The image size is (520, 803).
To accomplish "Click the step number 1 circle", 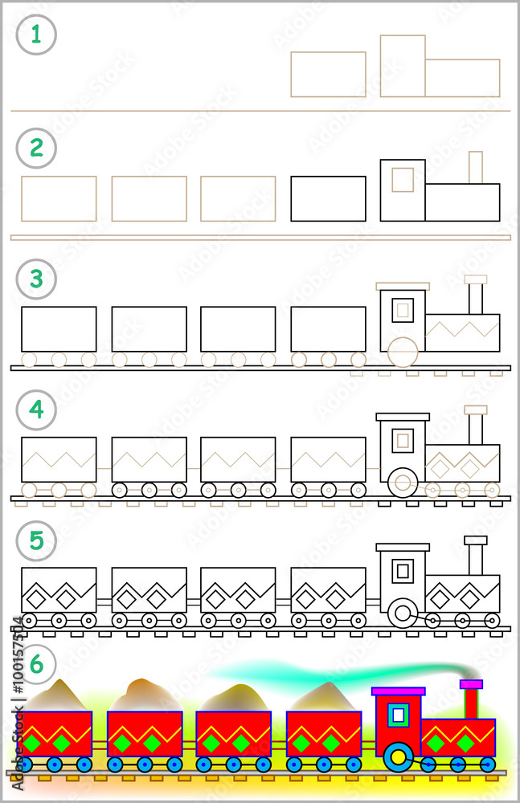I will [36, 35].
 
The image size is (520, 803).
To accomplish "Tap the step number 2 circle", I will [36, 149].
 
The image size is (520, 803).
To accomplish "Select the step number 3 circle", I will [36, 280].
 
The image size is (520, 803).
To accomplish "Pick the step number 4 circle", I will [36, 410].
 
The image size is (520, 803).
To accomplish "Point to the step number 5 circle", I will [36, 541].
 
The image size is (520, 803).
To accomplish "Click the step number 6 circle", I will [36, 664].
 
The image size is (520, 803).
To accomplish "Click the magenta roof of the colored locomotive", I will [398, 691].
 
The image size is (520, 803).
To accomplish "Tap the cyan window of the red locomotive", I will [398, 714].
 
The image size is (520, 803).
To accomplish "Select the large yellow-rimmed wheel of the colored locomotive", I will [398, 756].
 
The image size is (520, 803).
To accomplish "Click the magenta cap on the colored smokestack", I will [471, 684].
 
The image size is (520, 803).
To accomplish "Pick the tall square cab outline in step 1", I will [403, 66].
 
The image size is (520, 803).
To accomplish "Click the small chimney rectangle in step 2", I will [476, 167].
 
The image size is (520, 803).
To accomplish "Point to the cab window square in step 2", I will [403, 180].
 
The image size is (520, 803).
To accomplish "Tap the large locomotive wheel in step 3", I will [403, 352].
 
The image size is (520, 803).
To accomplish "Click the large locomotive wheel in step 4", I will [403, 483].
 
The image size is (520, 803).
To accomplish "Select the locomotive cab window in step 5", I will [403, 572].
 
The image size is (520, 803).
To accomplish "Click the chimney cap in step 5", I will [476, 540].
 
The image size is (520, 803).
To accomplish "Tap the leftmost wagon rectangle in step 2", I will [59, 198].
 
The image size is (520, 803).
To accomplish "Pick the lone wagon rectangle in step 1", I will [328, 75].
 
